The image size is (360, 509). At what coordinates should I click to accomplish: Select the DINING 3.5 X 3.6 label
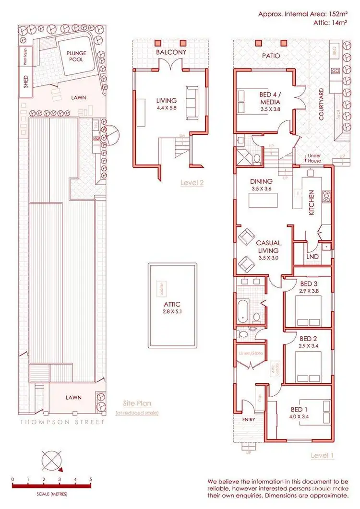pyautogui.click(x=261, y=185)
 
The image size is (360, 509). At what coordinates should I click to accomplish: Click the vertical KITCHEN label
pyautogui.click(x=311, y=202)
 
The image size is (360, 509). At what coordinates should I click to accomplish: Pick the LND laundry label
pyautogui.click(x=312, y=257)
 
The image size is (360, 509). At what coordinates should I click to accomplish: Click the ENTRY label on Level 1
pyautogui.click(x=248, y=419)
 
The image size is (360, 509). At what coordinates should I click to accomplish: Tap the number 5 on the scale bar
pyautogui.click(x=90, y=479)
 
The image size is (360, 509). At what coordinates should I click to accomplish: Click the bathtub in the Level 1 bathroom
pyautogui.click(x=242, y=309)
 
